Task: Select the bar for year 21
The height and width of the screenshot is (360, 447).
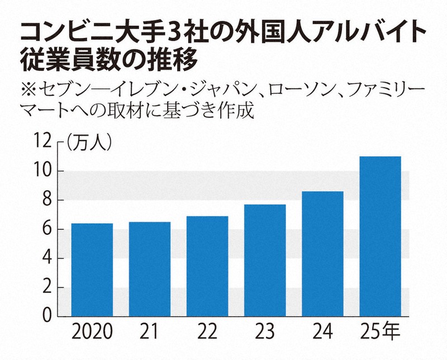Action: (x=150, y=269)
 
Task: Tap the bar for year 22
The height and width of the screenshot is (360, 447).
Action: (x=207, y=267)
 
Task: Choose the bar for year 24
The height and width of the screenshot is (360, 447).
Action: (x=322, y=254)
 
